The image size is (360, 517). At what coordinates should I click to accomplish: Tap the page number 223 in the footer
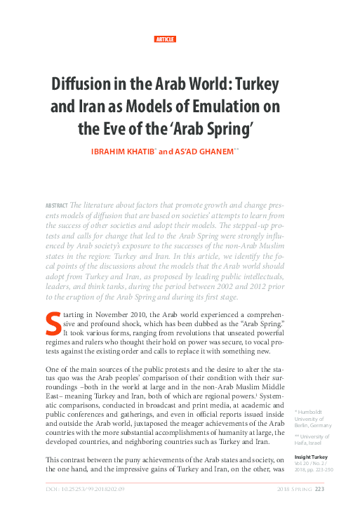coord(319,489)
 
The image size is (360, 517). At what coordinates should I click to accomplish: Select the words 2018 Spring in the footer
coord(294,489)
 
